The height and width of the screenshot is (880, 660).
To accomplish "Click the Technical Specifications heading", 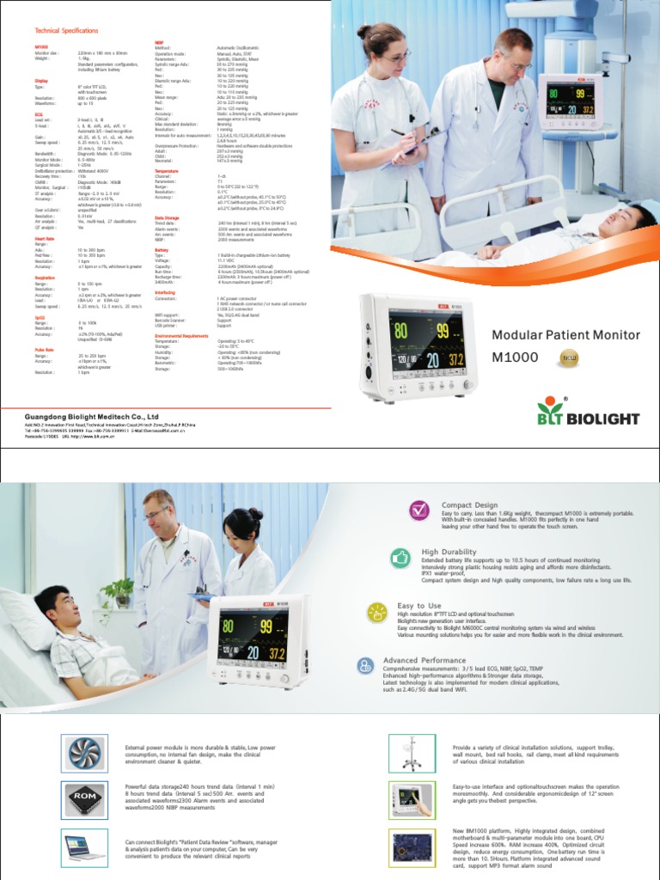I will click(65, 29).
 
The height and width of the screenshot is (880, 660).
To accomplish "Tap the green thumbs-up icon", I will click(400, 558).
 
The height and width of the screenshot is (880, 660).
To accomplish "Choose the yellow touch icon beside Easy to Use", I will click(378, 612).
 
